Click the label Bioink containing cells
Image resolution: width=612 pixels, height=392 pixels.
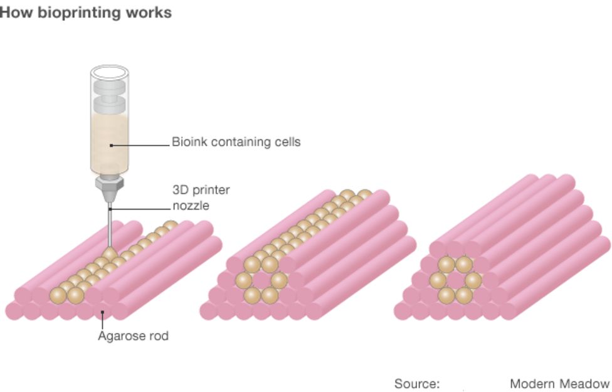[x=236, y=142]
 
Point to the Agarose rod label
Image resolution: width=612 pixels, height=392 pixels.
[x=133, y=336]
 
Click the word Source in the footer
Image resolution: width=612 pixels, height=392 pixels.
[x=416, y=383]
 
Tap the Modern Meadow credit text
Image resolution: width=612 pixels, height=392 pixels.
[x=559, y=383]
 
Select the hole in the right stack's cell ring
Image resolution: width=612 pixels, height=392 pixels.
[x=455, y=279]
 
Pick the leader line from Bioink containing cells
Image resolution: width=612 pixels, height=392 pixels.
[x=141, y=145]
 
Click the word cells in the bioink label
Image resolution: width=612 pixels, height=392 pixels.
[x=286, y=142]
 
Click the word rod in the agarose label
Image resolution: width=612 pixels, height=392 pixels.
[x=158, y=336]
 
